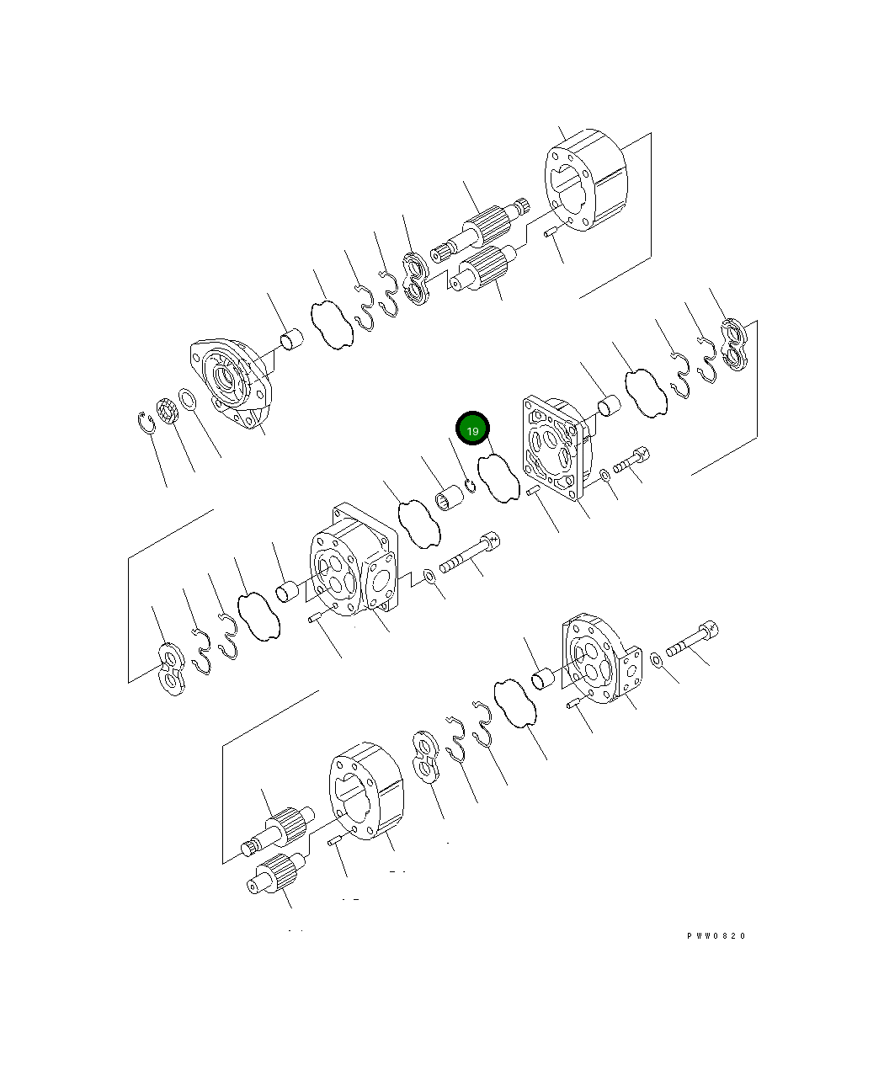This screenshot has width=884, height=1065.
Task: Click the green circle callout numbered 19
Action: click(x=472, y=430)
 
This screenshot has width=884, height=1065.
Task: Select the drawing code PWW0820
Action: click(x=716, y=936)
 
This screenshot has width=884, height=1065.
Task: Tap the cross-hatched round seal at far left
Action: click(x=166, y=413)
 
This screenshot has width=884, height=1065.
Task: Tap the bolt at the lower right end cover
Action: click(x=693, y=641)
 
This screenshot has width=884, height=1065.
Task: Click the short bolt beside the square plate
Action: click(x=631, y=461)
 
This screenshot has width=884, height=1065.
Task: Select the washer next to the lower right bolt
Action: click(x=656, y=657)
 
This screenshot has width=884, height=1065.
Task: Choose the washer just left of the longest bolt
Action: click(x=429, y=576)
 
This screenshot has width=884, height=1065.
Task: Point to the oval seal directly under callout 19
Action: click(x=498, y=478)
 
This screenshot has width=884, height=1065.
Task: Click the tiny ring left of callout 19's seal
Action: click(x=470, y=487)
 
